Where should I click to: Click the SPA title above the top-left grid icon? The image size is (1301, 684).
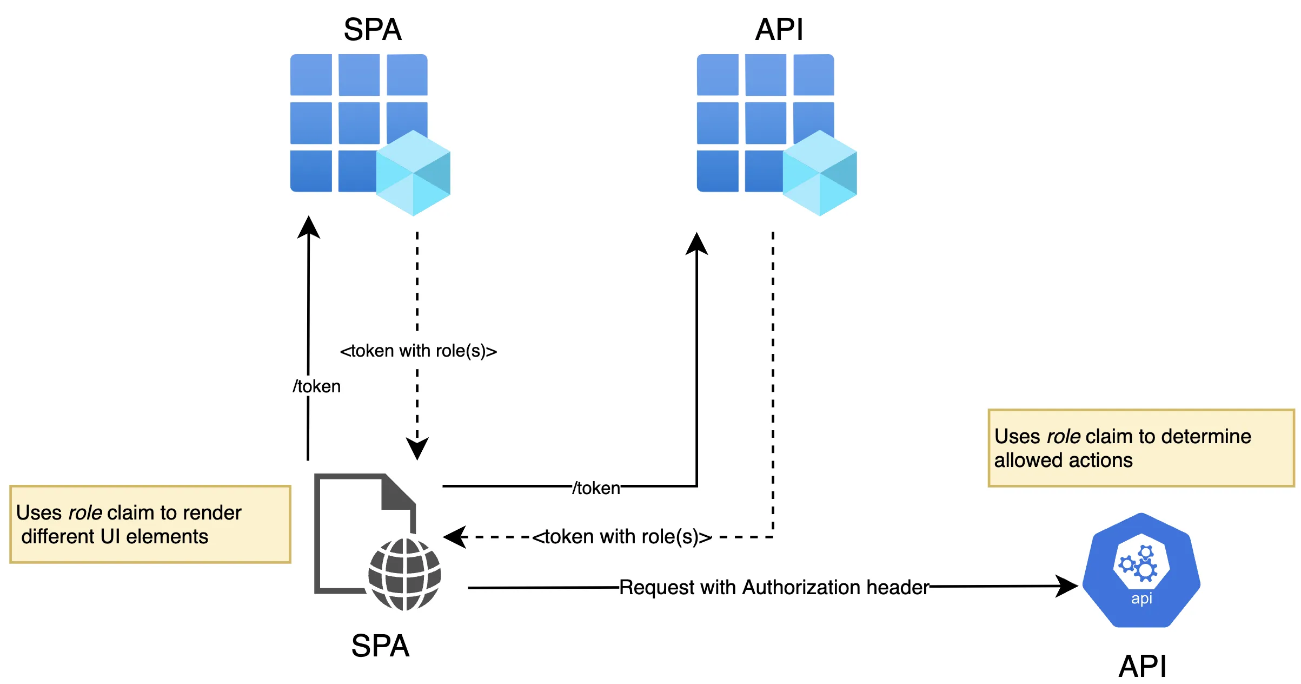point(373,29)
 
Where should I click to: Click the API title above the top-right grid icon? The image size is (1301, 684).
point(779,29)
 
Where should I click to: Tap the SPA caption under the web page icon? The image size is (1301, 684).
point(380,646)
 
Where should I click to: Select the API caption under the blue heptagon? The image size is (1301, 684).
point(1142,666)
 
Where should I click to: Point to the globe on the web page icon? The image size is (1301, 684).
point(404,574)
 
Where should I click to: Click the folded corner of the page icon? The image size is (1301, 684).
point(398,491)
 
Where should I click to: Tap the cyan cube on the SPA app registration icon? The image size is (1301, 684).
point(413,173)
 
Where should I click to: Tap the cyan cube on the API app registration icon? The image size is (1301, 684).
point(820,173)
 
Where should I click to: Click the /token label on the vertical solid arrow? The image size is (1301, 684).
point(317,386)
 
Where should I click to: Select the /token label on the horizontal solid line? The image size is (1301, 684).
point(596,488)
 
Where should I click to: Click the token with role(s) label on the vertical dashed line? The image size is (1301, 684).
point(418,351)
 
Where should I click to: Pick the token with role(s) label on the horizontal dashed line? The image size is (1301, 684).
point(622,537)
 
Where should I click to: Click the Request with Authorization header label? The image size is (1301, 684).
point(774,587)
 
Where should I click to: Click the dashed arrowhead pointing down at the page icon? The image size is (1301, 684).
point(417,449)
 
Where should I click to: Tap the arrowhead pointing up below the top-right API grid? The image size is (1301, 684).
point(696,244)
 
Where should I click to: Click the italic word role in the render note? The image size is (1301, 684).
point(85,512)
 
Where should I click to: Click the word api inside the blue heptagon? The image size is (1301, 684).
point(1141,598)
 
